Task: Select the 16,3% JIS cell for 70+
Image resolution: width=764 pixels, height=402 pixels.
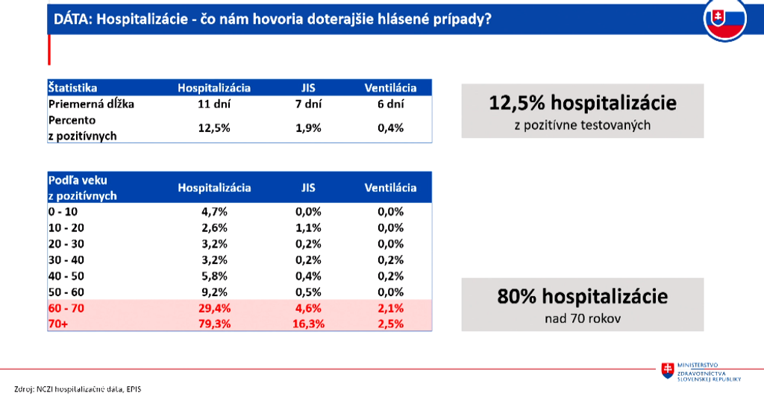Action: (307, 324)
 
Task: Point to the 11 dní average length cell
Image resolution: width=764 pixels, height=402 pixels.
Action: (214, 104)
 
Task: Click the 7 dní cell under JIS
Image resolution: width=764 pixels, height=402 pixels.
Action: (307, 104)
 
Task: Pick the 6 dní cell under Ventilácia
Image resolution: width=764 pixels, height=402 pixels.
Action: (390, 104)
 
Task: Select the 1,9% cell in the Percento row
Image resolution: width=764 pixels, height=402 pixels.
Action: (307, 128)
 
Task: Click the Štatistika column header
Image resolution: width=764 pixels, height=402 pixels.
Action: (72, 88)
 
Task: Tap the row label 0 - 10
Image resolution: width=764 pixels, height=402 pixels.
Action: (63, 211)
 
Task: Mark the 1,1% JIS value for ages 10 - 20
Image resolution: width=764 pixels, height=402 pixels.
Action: (307, 227)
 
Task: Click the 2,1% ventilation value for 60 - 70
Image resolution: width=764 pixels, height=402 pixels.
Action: (390, 307)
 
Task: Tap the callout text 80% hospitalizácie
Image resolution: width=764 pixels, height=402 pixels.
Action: (582, 297)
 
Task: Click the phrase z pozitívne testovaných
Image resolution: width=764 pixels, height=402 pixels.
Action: (582, 125)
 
